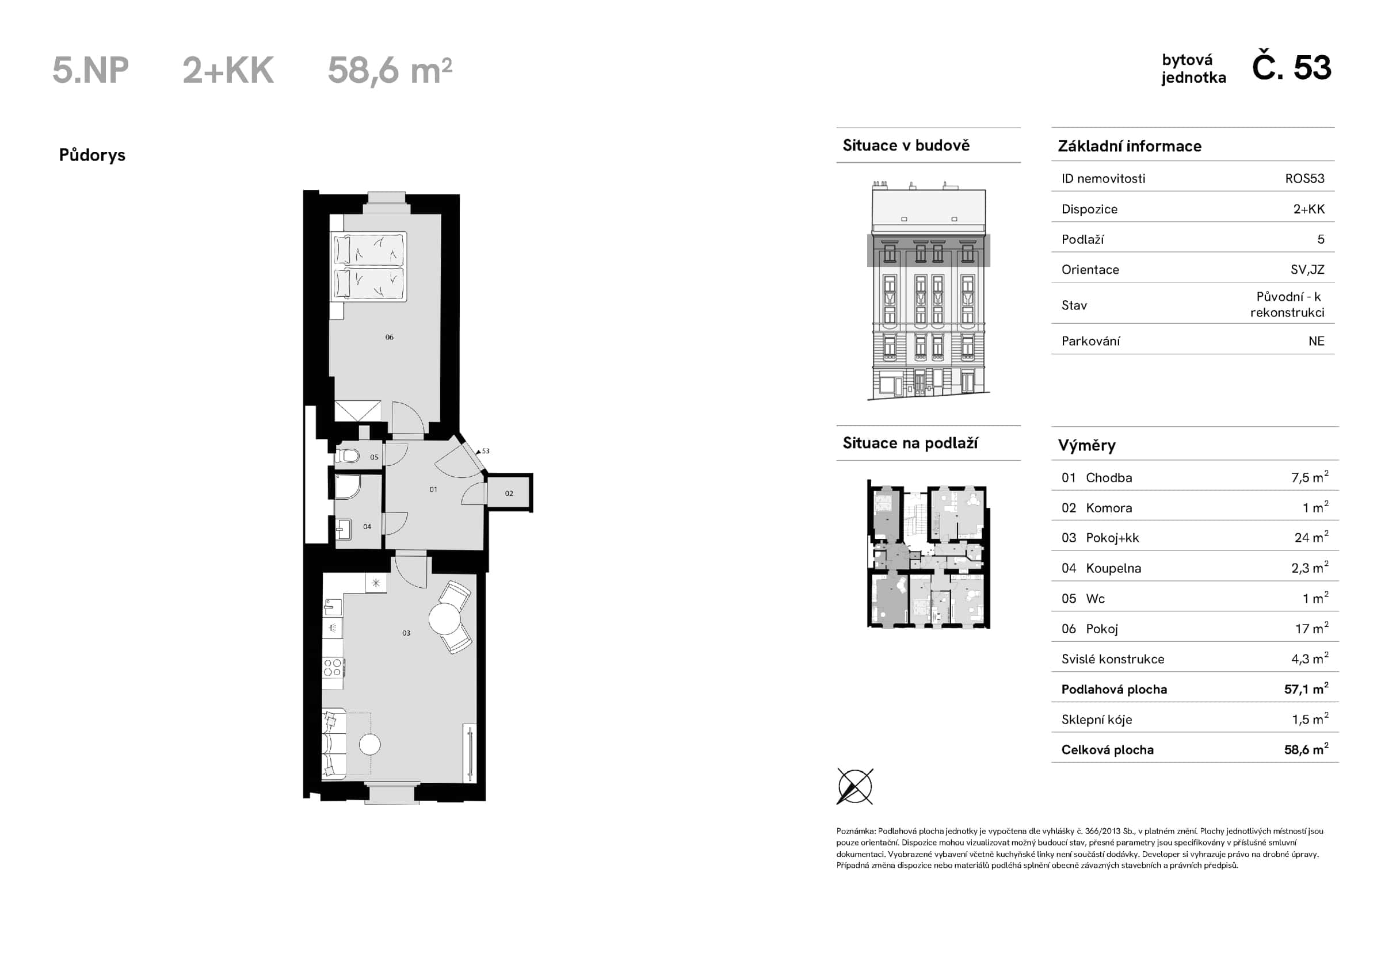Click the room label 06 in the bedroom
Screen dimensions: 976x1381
tap(389, 338)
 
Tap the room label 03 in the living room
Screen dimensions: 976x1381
tap(407, 633)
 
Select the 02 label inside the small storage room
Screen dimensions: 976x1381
tap(509, 493)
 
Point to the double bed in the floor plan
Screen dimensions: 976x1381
tap(369, 266)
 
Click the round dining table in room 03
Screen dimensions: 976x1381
tap(445, 619)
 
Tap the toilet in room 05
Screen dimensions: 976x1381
tap(349, 456)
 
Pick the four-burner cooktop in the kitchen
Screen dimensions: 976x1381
tap(333, 668)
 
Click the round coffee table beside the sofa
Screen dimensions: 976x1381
tap(370, 745)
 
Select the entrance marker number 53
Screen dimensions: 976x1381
tap(486, 451)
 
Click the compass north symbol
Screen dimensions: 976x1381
tap(854, 786)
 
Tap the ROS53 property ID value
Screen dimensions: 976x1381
tap(1304, 179)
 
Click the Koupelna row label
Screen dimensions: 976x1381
tap(1113, 568)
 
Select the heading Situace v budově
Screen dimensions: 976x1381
tap(906, 146)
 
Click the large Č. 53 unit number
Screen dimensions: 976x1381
tap(1291, 68)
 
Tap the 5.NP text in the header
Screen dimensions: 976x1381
tap(90, 70)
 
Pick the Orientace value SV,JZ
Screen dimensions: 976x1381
tap(1307, 270)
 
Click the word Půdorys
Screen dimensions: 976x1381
tap(92, 155)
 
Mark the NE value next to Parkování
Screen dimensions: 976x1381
tap(1316, 342)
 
